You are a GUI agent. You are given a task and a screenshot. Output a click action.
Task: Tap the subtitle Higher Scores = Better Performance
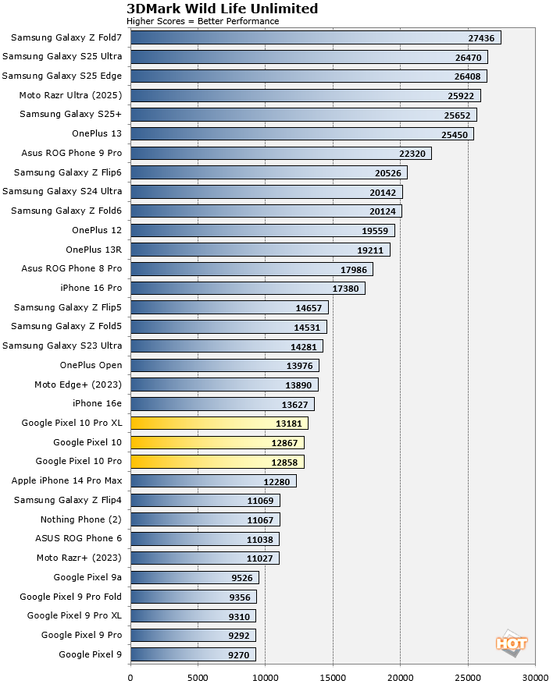202,21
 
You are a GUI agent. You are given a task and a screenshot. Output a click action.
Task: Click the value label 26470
467,57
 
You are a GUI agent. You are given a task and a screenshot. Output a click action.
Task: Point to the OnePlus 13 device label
97,133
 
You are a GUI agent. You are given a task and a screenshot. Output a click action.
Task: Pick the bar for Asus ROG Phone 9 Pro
280,153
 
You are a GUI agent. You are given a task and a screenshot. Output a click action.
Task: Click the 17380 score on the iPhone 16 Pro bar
345,289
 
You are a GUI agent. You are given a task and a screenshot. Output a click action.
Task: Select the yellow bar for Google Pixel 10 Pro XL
219,424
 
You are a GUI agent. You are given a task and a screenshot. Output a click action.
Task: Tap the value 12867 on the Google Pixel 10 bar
284,443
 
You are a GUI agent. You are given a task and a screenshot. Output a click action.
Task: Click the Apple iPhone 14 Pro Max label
67,481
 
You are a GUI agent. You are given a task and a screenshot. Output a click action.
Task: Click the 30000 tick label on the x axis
535,677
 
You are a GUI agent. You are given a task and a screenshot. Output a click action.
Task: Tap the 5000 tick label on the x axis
198,677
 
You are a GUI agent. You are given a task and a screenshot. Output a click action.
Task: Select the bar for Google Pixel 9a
194,578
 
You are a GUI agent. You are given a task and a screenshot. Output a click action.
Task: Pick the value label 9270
238,655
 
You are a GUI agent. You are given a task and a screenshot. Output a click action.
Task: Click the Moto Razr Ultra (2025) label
71,95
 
